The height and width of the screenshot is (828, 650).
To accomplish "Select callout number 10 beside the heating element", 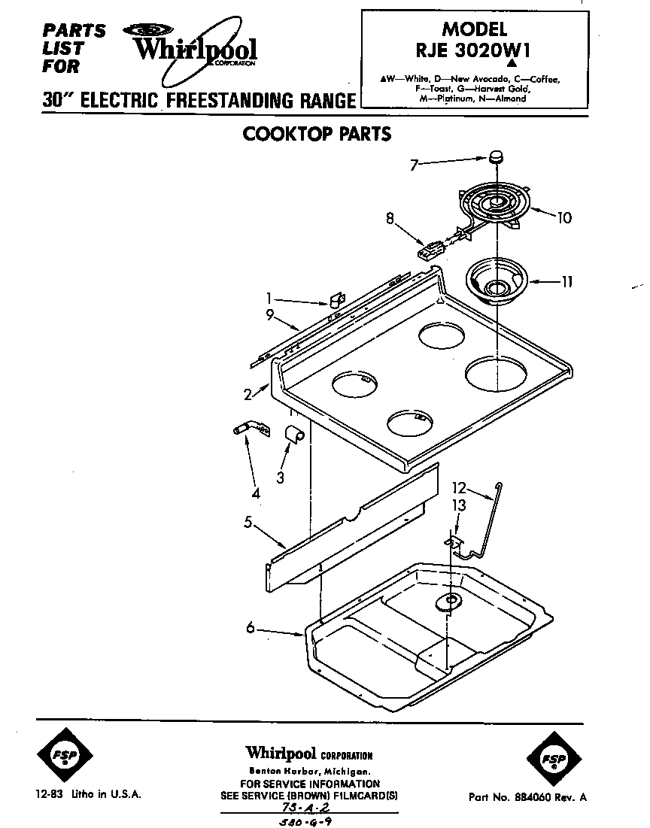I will (x=563, y=218).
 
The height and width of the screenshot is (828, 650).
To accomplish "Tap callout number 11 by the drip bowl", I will (x=566, y=282).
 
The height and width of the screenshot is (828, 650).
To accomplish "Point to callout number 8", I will (x=390, y=220).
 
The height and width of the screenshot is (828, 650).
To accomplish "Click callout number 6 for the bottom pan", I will (x=250, y=629).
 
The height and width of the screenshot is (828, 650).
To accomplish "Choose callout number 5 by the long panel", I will (x=248, y=523).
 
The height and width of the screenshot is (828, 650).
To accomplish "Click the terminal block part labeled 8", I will (x=431, y=249).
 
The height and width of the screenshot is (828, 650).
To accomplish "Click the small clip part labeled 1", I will (x=336, y=301).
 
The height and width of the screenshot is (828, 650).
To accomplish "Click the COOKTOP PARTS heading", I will (x=317, y=134).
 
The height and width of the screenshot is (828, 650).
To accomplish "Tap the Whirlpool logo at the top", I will (x=194, y=49).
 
